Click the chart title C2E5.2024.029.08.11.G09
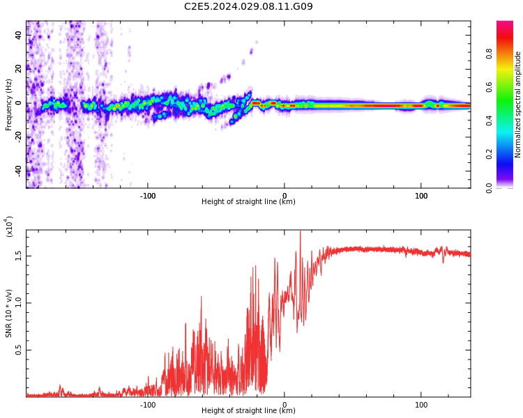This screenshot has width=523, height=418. coord(248,7)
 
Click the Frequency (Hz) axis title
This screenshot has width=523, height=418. coord(9,104)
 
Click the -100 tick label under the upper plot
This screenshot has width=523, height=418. coord(147,196)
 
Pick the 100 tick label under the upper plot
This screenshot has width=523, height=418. coord(421,196)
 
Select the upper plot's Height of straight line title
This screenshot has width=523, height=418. coord(248,202)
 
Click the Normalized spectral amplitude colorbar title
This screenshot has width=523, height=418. coord(518,104)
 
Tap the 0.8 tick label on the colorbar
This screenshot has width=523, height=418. coord(508,54)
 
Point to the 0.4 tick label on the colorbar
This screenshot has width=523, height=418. coord(508,121)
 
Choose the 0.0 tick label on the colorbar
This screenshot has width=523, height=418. coord(508,187)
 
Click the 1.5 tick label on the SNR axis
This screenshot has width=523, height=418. coord(19,256)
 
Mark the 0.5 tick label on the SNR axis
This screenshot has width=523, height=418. coord(19,350)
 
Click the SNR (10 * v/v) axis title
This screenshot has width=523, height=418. coord(9,313)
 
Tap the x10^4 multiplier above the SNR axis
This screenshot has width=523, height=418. coord(10,226)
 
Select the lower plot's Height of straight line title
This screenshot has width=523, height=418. coord(248,411)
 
